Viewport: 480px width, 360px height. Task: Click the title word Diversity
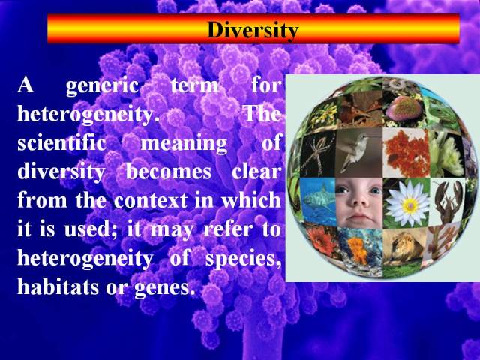pyautogui.click(x=253, y=30)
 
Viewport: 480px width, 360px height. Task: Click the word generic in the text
pyautogui.click(x=102, y=86)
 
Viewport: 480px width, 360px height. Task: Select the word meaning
pyautogui.click(x=184, y=144)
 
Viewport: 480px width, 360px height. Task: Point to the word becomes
pyautogui.click(x=168, y=172)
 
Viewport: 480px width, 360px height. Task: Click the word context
pyautogui.click(x=150, y=201)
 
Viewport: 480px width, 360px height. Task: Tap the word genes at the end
pyautogui.click(x=165, y=288)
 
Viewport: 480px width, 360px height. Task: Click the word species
pyautogui.click(x=243, y=259)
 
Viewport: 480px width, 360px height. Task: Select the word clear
pyautogui.click(x=256, y=172)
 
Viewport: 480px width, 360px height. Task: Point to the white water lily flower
pyautogui.click(x=406, y=203)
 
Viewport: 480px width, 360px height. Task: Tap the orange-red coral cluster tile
pyautogui.click(x=406, y=153)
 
